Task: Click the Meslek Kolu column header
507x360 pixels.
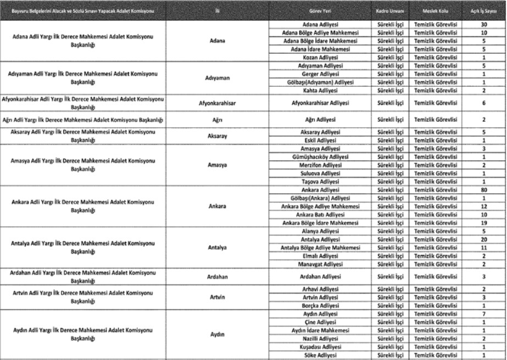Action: pyautogui.click(x=433, y=11)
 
